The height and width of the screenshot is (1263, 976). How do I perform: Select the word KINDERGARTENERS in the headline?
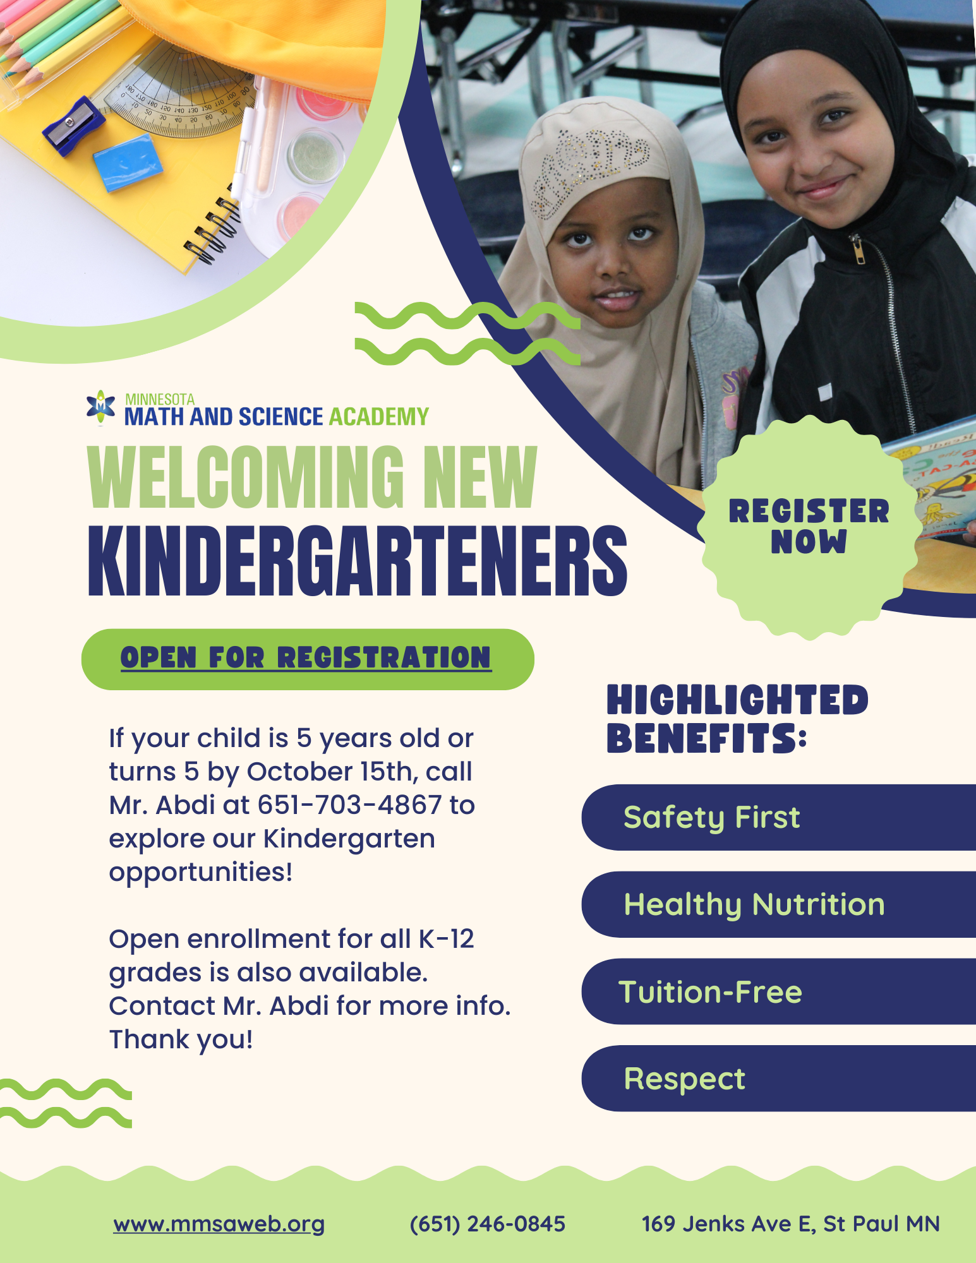click(x=357, y=561)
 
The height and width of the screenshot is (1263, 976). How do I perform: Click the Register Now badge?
click(x=809, y=527)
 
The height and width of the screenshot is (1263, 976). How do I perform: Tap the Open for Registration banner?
click(x=307, y=659)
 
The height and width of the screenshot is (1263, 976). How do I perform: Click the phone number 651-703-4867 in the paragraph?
click(x=349, y=805)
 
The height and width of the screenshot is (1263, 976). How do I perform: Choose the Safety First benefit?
click(x=711, y=817)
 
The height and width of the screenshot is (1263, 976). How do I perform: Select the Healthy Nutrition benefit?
click(x=754, y=904)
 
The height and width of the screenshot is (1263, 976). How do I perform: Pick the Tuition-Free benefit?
click(x=710, y=991)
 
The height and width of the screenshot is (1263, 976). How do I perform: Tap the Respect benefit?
click(x=684, y=1079)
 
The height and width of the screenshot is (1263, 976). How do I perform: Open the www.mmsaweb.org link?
click(x=219, y=1224)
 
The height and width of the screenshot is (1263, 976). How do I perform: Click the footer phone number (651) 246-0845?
click(x=487, y=1224)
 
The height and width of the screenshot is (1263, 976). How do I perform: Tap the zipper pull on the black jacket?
click(x=858, y=249)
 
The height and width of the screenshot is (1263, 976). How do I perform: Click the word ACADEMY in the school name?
click(x=378, y=417)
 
